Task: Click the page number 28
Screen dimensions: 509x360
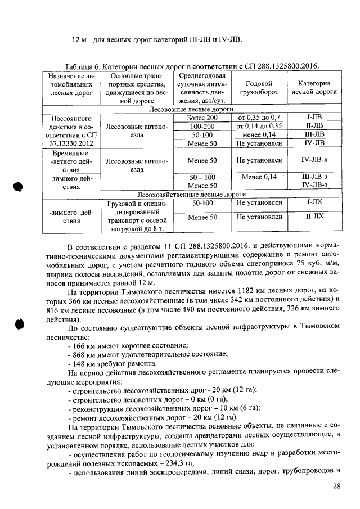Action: [336, 486]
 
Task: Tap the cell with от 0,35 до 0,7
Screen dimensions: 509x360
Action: [258, 118]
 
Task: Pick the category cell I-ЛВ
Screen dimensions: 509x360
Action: [314, 118]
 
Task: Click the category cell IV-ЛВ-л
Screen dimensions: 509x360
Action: [314, 160]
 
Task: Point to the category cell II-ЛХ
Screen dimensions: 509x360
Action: [314, 217]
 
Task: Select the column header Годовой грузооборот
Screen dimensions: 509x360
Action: [258, 88]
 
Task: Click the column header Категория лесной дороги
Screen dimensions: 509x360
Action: [314, 88]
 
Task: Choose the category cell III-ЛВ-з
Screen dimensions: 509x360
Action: [314, 177]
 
